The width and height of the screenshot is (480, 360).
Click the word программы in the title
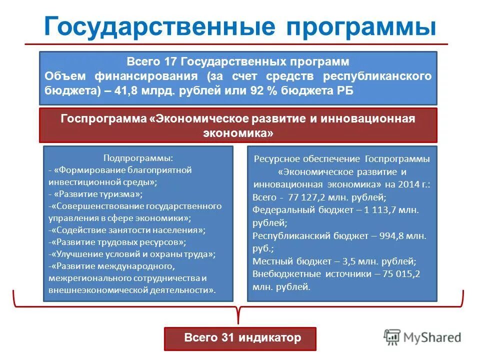click(x=361, y=26)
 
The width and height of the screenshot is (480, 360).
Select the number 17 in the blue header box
click(x=170, y=62)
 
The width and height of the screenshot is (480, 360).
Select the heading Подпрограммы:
click(x=138, y=158)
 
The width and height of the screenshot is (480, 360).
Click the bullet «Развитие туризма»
click(x=98, y=193)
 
